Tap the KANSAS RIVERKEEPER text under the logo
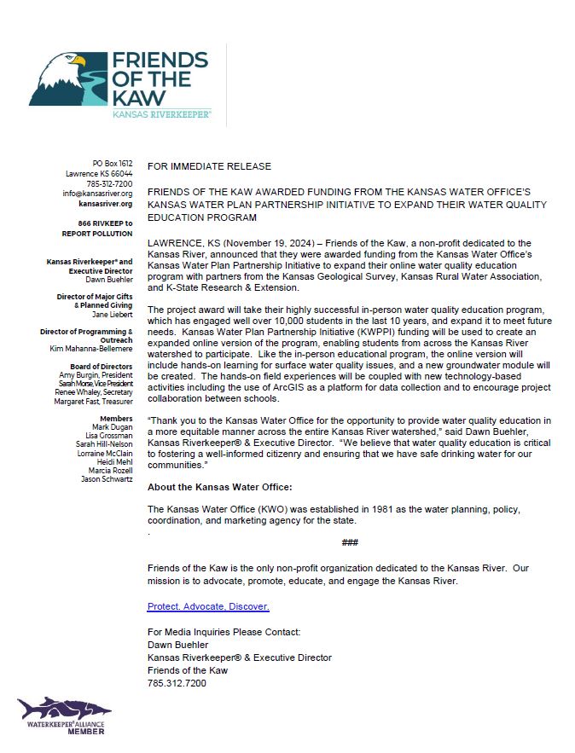pos(162,113)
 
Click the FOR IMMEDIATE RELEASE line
pos(209,166)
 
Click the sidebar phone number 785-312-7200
pos(110,183)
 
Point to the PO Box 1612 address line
pos(113,163)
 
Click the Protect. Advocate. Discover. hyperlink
pos(208,606)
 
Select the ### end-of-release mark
pos(349,542)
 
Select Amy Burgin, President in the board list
pos(96,376)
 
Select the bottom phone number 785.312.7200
pos(177,683)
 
